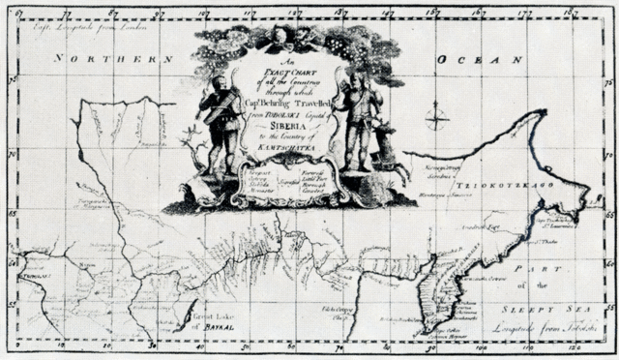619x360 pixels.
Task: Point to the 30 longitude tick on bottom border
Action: point(155,345)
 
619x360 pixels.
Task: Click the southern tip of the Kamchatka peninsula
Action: point(427,334)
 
